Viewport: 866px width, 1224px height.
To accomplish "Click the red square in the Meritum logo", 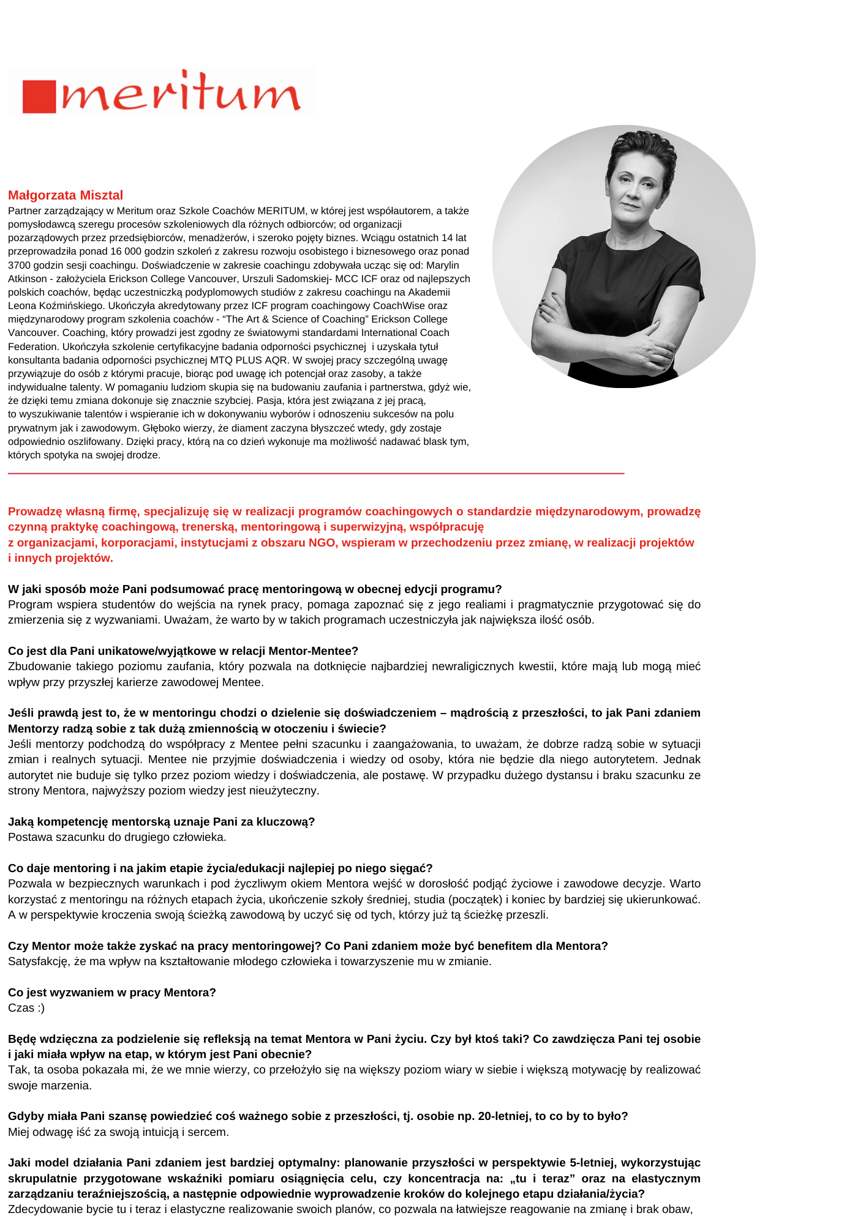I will tap(39, 97).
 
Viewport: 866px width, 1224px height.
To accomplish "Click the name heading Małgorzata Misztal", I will tap(66, 195).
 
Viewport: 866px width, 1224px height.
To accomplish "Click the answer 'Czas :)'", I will tap(26, 1008).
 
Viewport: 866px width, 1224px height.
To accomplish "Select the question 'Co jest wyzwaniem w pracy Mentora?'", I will tap(112, 992).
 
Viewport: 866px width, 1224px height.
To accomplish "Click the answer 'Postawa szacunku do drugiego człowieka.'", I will tap(117, 837).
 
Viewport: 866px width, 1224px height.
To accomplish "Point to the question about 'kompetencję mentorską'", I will tap(161, 821).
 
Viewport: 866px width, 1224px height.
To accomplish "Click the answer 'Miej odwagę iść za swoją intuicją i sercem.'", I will tap(118, 1132).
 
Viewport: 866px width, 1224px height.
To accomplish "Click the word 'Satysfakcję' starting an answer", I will tap(38, 961).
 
